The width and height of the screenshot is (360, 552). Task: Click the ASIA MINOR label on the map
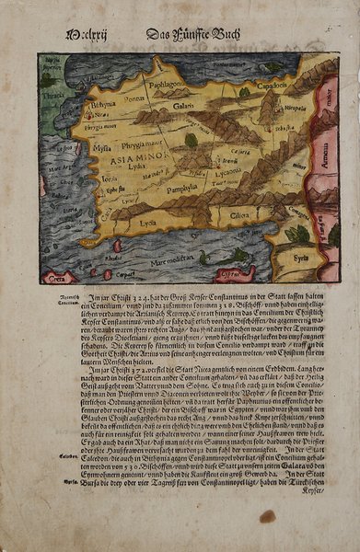coord(119,158)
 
